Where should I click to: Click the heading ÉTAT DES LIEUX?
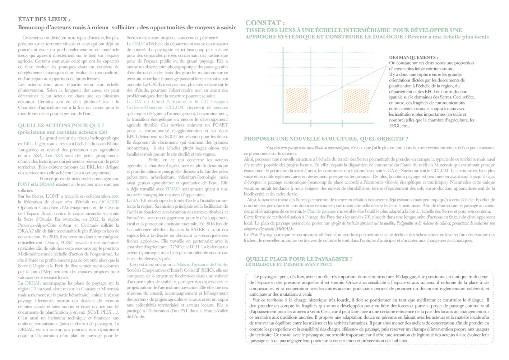[44, 19]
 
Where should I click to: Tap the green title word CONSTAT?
[265, 23]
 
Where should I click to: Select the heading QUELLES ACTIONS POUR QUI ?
[61, 125]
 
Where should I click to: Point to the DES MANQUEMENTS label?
[413, 57]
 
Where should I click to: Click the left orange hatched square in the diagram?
[297, 101]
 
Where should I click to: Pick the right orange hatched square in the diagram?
[356, 101]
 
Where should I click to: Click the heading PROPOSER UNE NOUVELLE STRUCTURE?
[326, 139]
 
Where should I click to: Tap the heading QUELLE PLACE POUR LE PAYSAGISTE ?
[299, 259]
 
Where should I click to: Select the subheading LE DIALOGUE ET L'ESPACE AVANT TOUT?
[289, 264]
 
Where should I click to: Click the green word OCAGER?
[109, 202]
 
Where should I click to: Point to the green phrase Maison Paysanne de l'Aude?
[202, 264]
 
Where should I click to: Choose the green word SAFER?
[140, 200]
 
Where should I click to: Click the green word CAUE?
[139, 43]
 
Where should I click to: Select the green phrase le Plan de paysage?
[319, 211]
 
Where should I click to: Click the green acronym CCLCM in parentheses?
[175, 107]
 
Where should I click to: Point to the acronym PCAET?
[220, 125]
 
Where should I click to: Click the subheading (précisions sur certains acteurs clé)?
[63, 132]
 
